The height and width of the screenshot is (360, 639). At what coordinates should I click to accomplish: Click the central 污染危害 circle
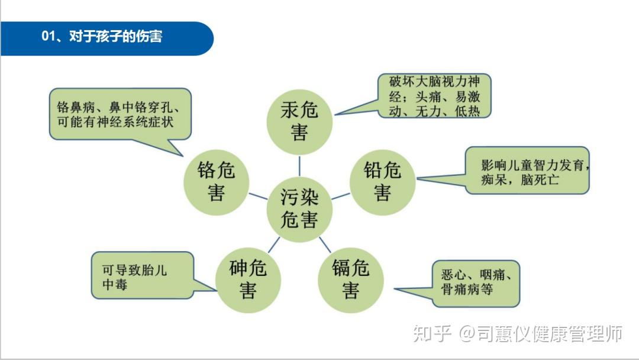[x=299, y=209]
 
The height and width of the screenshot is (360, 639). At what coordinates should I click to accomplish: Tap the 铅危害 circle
[x=382, y=182]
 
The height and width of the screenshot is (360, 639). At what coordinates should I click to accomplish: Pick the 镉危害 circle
[x=350, y=280]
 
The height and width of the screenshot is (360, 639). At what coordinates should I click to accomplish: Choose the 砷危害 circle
[x=248, y=280]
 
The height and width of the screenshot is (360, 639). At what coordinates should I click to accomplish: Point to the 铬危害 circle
[x=216, y=182]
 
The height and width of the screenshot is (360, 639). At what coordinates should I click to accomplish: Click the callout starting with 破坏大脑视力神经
[x=435, y=96]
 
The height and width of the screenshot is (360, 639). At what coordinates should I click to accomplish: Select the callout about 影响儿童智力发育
[x=527, y=171]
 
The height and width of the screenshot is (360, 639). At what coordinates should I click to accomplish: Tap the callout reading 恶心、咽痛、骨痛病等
[x=476, y=283]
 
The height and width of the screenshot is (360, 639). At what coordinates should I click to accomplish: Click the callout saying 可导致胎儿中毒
[x=143, y=275]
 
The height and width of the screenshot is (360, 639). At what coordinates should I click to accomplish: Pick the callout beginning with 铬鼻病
[x=120, y=114]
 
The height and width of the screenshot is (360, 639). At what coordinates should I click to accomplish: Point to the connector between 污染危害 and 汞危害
[x=299, y=165]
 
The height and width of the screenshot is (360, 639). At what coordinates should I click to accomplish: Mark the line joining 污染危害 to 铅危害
[x=340, y=195]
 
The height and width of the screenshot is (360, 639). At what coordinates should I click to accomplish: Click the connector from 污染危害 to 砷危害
[x=274, y=245]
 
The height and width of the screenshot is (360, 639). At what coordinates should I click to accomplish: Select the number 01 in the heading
[x=48, y=37]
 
